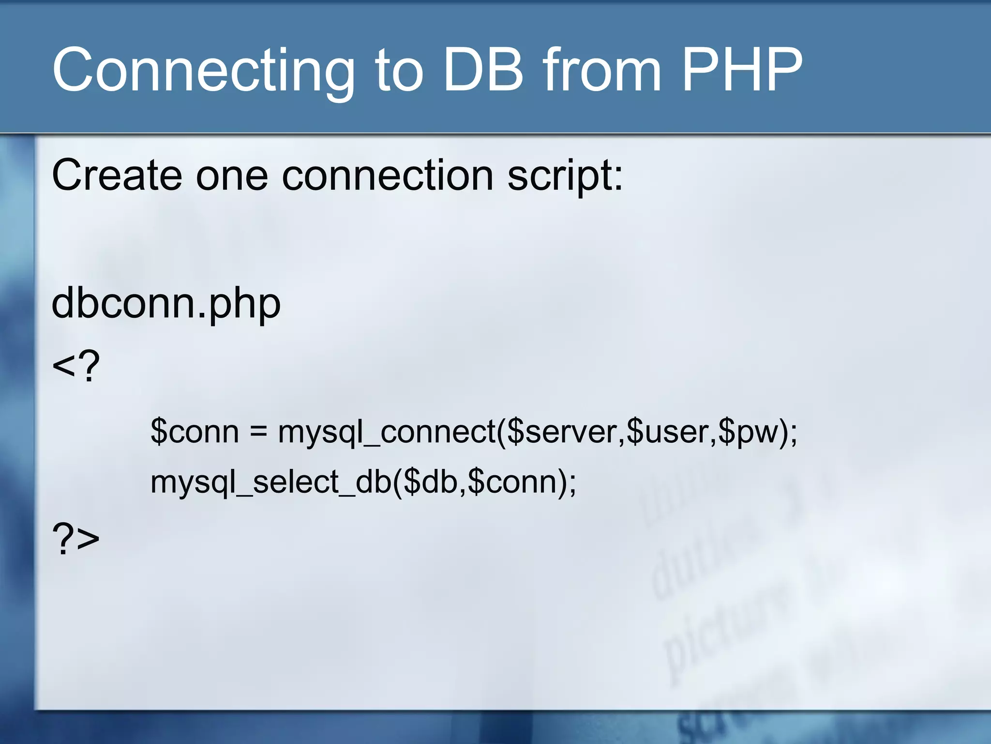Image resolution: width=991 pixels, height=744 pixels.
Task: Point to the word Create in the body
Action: [x=117, y=175]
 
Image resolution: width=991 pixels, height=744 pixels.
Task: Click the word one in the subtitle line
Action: [x=231, y=176]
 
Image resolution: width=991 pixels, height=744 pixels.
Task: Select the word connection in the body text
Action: [x=388, y=175]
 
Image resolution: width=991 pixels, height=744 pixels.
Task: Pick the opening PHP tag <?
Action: [x=75, y=366]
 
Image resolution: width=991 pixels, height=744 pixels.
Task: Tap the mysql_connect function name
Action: [x=387, y=433]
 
